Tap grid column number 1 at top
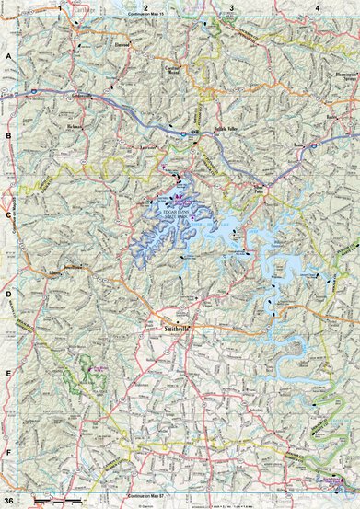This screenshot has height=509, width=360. (60, 7)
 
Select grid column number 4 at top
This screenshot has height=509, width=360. (317, 7)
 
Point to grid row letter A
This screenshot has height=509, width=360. (10, 57)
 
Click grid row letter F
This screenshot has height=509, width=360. (10, 454)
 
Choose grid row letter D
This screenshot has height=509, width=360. (10, 295)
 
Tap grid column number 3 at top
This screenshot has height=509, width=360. (231, 7)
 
